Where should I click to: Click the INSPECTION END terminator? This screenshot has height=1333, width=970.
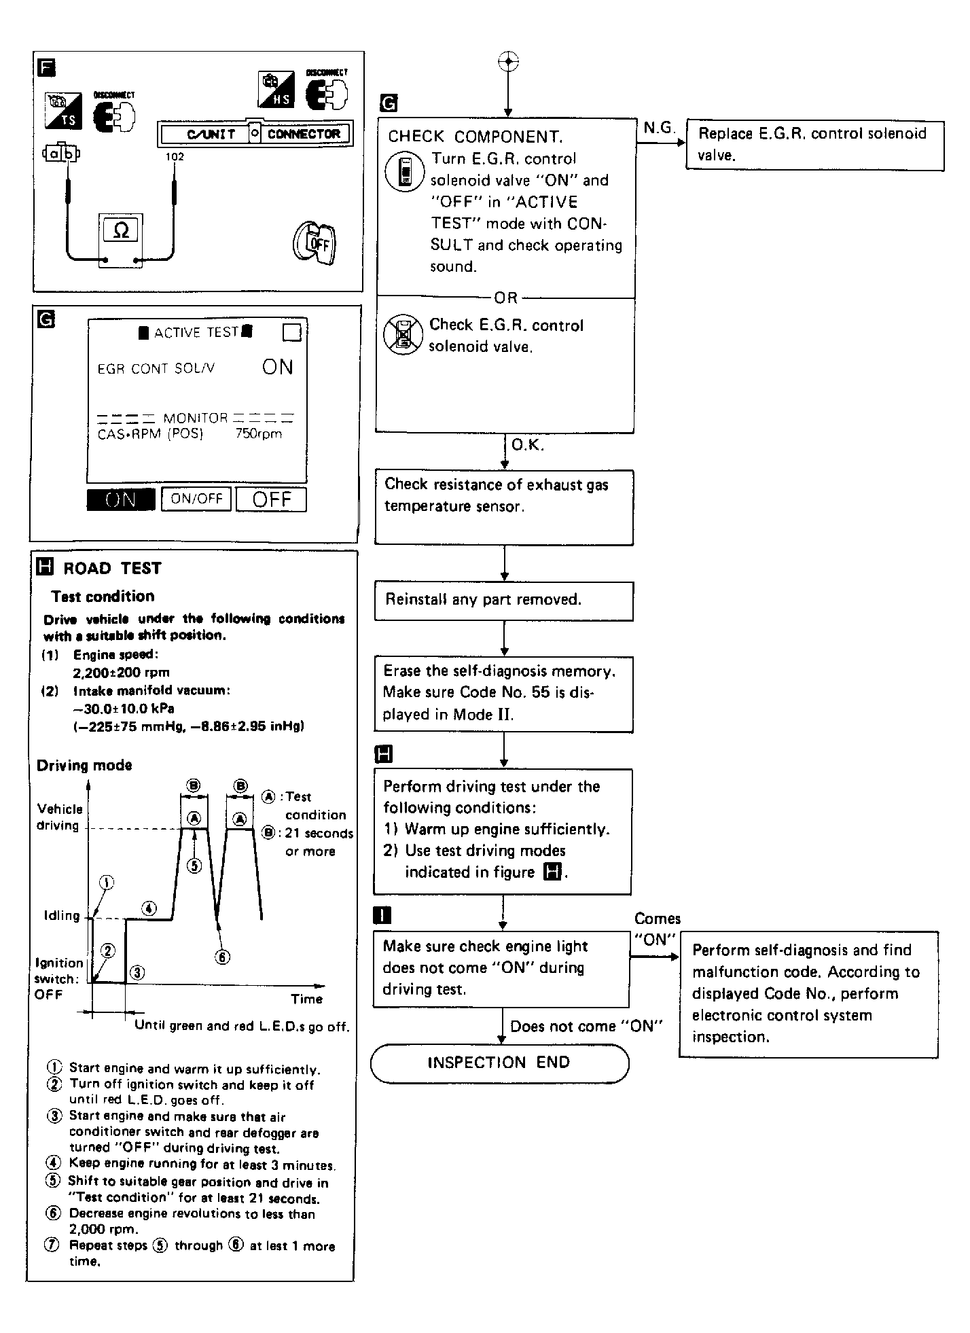(x=499, y=1063)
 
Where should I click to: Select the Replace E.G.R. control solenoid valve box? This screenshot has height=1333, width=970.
(x=814, y=145)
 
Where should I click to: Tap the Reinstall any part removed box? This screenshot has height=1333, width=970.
(x=503, y=601)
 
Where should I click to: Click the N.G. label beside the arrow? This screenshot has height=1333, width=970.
(x=658, y=127)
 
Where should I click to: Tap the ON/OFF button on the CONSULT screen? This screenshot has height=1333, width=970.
(x=196, y=499)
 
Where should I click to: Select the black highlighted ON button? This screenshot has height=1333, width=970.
(x=121, y=499)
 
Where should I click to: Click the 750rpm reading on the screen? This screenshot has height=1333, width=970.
(x=258, y=434)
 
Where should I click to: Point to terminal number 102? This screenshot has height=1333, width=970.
(x=175, y=157)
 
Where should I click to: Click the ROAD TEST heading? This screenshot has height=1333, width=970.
(x=112, y=568)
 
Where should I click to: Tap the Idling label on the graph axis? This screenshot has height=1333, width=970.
(x=61, y=916)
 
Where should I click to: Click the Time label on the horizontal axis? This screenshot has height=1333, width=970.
(x=306, y=999)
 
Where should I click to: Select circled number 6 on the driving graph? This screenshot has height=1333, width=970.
(x=222, y=957)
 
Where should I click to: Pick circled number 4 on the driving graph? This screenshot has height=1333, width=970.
(x=149, y=908)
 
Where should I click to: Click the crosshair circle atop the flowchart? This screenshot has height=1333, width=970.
(x=508, y=62)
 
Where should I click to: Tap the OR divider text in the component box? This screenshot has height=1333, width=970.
(x=506, y=298)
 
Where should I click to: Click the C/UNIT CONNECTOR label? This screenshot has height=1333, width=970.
(x=255, y=134)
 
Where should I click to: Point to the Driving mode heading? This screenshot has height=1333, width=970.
(x=84, y=765)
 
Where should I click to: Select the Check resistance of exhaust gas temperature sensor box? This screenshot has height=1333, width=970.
(x=503, y=507)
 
